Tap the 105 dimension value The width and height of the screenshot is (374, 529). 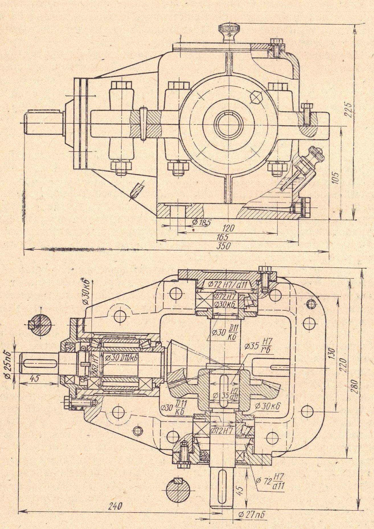tap(336, 178)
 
